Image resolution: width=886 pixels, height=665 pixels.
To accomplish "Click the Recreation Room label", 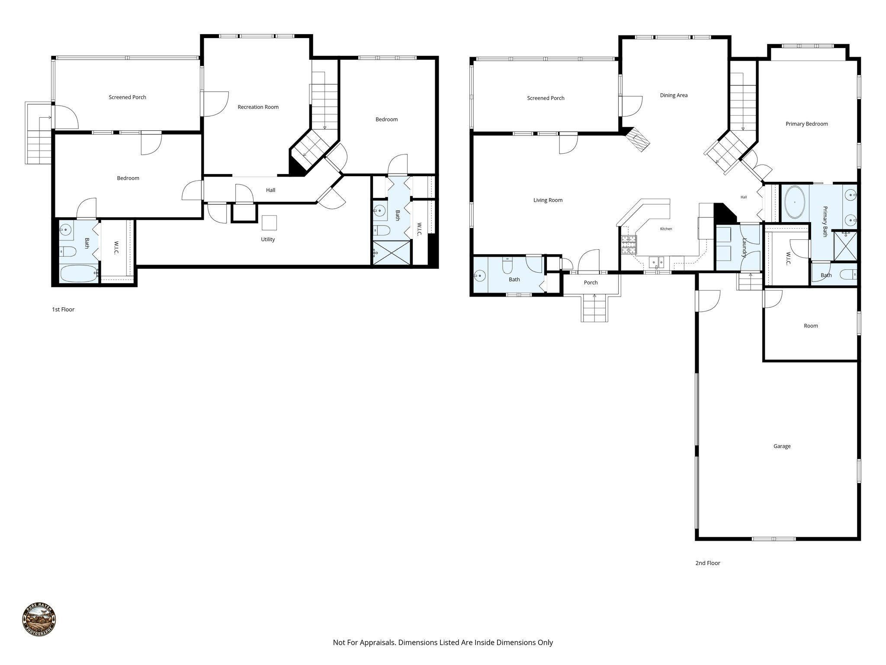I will (258, 107).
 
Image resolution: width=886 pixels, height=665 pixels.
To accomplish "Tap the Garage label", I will (782, 446).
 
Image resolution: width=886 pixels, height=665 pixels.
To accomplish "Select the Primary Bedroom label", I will (806, 124).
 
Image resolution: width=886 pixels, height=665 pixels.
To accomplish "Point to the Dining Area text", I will (674, 95).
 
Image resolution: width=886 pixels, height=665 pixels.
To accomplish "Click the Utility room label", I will (268, 239).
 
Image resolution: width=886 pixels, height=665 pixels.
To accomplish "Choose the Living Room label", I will (548, 200).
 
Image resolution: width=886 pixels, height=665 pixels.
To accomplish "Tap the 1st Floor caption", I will (63, 310).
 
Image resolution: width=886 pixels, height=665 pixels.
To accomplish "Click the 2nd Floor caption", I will (707, 563).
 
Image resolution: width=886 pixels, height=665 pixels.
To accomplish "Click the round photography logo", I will (39, 620).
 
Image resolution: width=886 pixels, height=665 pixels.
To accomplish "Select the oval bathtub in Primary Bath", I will (795, 202).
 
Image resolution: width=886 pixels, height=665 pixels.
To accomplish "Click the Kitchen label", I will (666, 229).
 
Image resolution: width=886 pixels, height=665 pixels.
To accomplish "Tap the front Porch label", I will (591, 283).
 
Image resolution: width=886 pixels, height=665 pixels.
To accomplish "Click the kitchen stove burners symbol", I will (629, 245).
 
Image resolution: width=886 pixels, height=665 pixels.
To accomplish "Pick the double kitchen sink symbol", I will (657, 261).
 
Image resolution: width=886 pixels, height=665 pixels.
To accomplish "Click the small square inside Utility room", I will (269, 223).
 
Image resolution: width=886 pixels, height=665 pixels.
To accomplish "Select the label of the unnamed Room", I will (811, 326).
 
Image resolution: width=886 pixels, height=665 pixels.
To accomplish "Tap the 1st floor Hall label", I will (270, 190).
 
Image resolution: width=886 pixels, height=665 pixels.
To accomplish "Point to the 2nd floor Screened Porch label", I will (546, 98).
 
